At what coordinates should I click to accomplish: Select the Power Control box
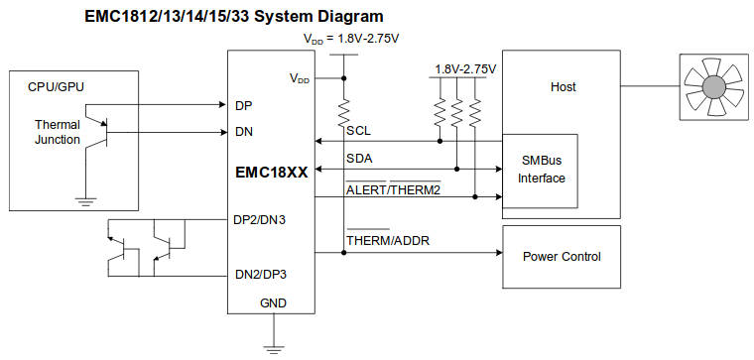click(562, 255)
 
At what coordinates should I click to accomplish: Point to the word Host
click(563, 87)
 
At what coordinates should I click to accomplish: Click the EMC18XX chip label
click(271, 171)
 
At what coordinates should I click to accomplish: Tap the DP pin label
click(243, 104)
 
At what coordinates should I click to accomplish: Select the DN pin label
click(243, 132)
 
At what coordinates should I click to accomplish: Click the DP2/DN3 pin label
click(260, 220)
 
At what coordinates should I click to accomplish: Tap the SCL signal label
click(358, 130)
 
